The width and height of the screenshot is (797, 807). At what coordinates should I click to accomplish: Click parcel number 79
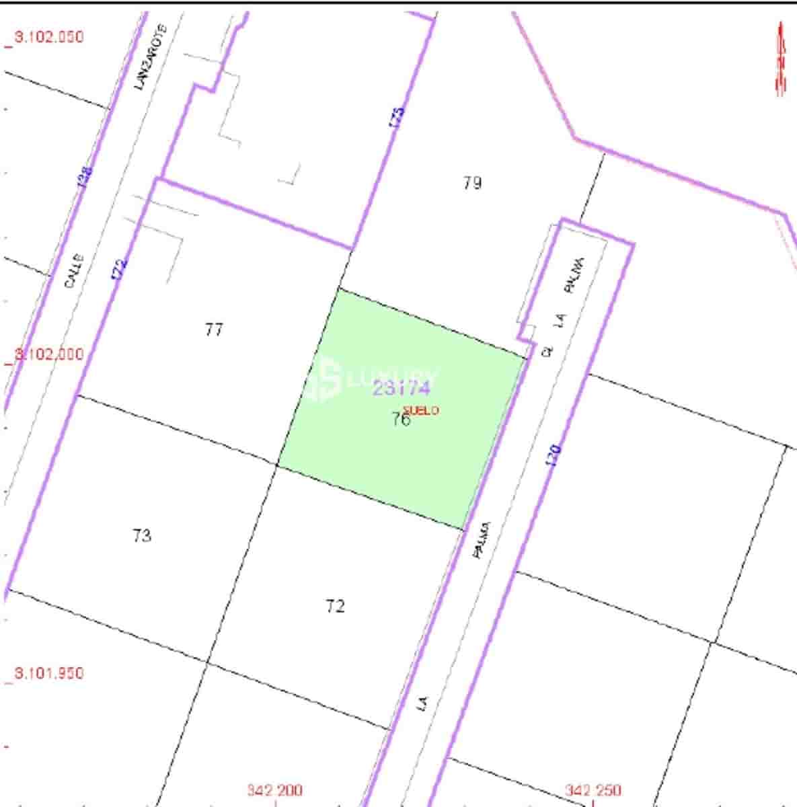pyautogui.click(x=472, y=183)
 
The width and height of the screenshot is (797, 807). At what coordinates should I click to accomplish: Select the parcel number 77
pyautogui.click(x=214, y=330)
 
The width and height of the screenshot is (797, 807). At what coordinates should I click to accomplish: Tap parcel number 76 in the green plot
pyautogui.click(x=400, y=420)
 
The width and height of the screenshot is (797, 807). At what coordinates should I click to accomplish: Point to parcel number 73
pyautogui.click(x=142, y=536)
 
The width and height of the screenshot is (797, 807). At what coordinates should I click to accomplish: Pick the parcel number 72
pyautogui.click(x=335, y=607)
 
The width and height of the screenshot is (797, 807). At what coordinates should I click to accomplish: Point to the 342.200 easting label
pyautogui.click(x=274, y=791)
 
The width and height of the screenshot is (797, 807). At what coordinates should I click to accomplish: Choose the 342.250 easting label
pyautogui.click(x=593, y=791)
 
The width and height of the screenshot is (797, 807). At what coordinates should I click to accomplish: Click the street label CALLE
pyautogui.click(x=75, y=270)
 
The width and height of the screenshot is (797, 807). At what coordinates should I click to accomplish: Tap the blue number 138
pyautogui.click(x=85, y=177)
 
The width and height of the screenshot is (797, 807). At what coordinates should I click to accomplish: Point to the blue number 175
pyautogui.click(x=397, y=118)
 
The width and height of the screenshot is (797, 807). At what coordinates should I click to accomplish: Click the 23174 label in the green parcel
pyautogui.click(x=402, y=388)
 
